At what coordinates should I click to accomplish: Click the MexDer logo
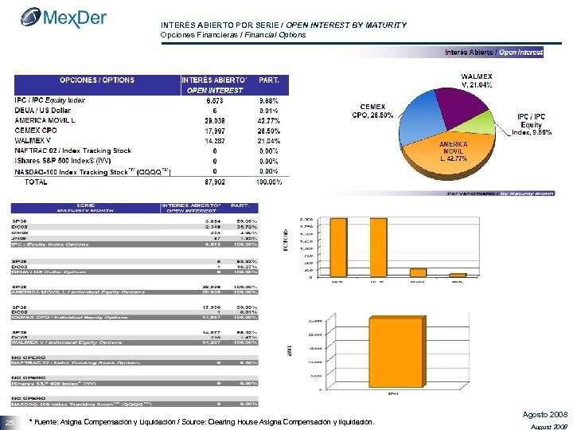[x=63, y=18]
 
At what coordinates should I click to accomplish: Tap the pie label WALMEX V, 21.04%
[x=477, y=80]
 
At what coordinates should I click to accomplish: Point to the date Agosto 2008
[x=545, y=415]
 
